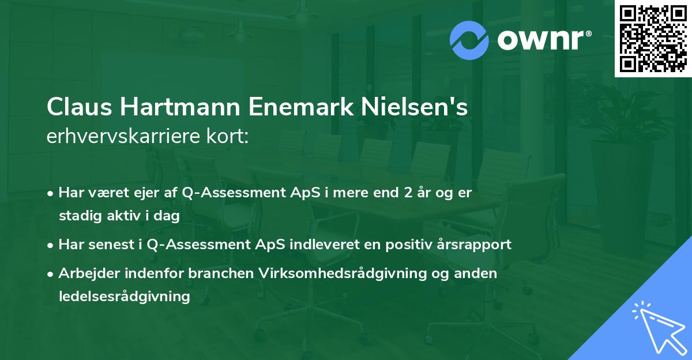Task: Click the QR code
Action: point(653,39)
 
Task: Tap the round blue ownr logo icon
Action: point(469,40)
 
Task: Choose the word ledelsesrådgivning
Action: point(124,297)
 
